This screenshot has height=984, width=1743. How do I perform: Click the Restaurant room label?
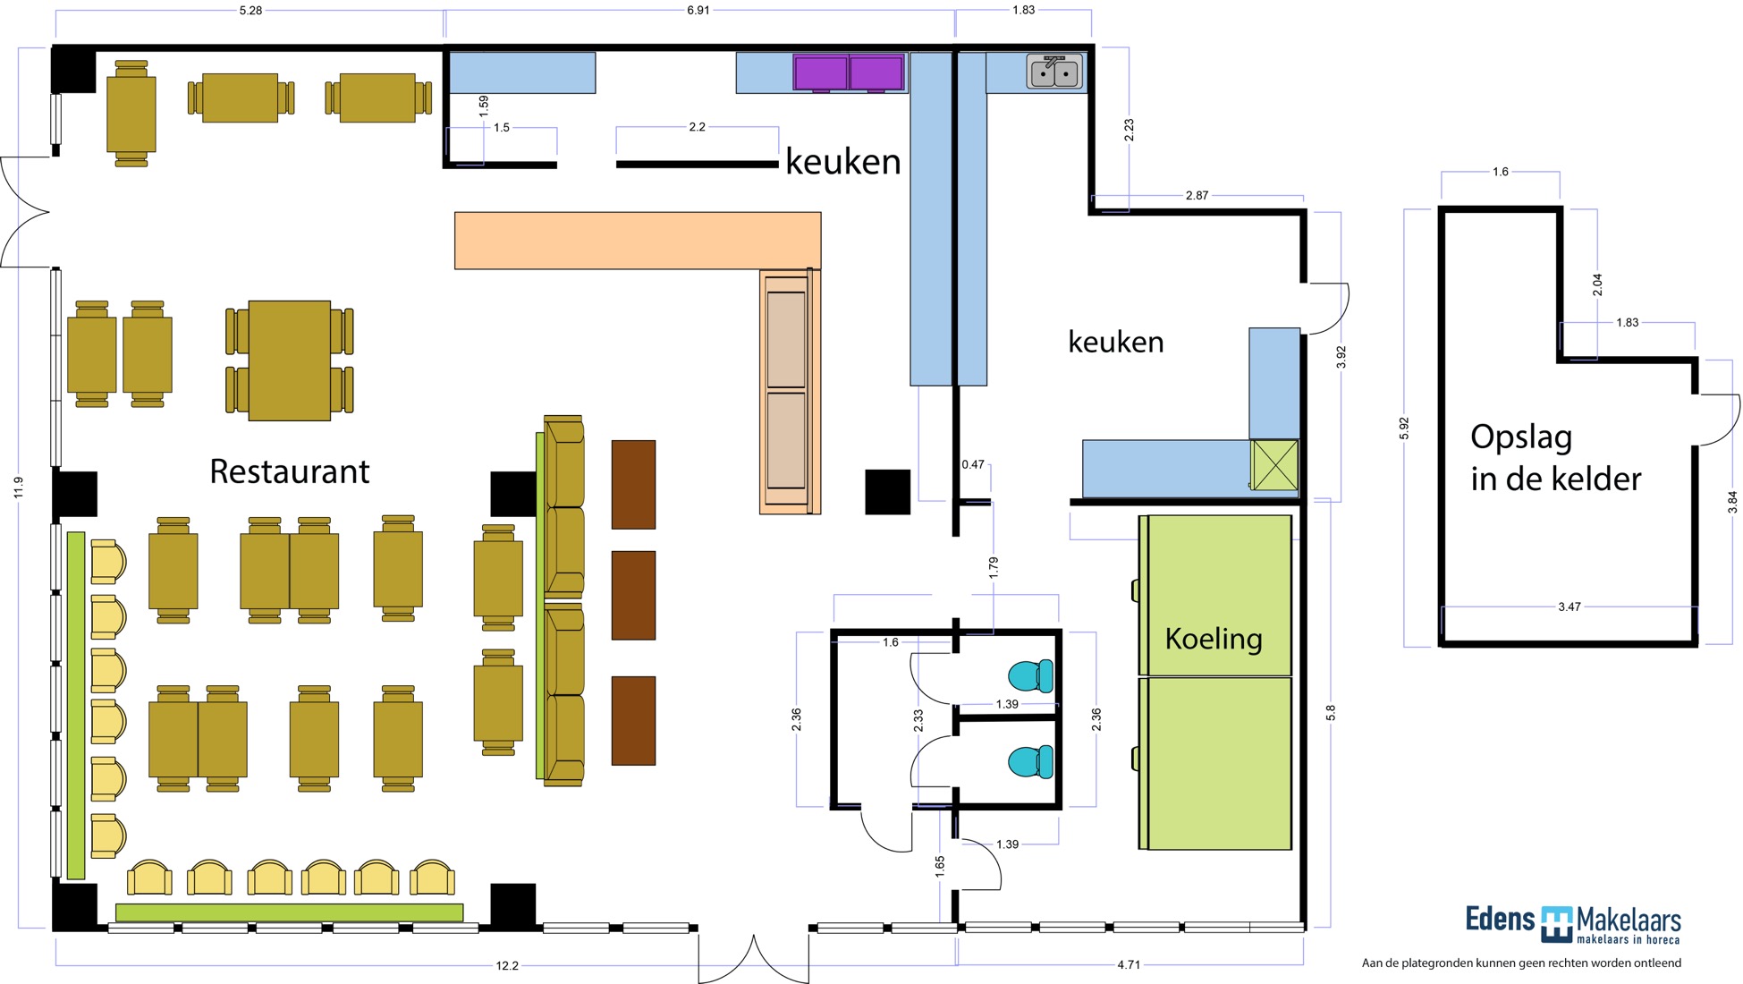pos(289,471)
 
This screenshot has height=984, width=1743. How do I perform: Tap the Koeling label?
pos(1214,639)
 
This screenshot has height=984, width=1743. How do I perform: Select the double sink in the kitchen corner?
pos(1055,71)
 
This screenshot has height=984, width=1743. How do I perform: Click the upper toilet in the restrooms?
pos(1031,675)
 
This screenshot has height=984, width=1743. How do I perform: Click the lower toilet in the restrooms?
pos(1031,761)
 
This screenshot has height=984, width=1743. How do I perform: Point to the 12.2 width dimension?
pos(507,965)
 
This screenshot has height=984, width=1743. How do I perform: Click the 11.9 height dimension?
pos(19,488)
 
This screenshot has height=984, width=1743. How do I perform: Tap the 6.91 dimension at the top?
pos(698,11)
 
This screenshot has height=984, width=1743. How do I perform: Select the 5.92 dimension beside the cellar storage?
pos(1404,428)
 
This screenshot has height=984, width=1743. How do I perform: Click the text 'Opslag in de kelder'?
pos(1556,458)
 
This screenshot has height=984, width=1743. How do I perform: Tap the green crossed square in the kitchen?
pos(1274,465)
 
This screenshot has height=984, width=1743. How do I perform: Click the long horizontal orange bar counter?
pos(638,241)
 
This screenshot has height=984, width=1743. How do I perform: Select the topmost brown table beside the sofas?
pos(633,484)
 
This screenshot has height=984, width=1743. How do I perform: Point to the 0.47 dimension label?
pos(973,464)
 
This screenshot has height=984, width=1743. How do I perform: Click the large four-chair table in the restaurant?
pos(290,361)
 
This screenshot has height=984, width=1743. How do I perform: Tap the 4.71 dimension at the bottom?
pos(1129,965)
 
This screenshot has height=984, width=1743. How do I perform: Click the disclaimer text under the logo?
pos(1521,963)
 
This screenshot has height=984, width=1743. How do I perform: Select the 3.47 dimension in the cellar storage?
pos(1570,607)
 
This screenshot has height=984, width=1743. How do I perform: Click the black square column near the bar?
pos(887,492)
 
